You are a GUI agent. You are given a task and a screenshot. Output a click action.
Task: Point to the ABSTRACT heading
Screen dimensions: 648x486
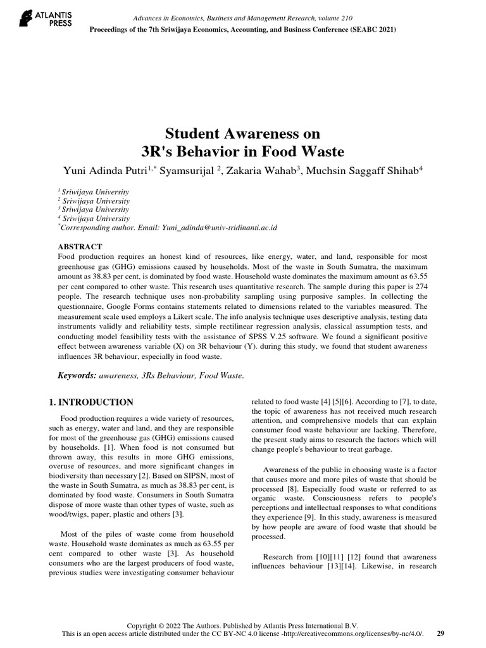[80, 246]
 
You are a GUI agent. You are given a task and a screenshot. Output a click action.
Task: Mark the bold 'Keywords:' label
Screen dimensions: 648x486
[77, 375]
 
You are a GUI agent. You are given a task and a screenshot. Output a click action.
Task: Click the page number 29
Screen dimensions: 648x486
[440, 633]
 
